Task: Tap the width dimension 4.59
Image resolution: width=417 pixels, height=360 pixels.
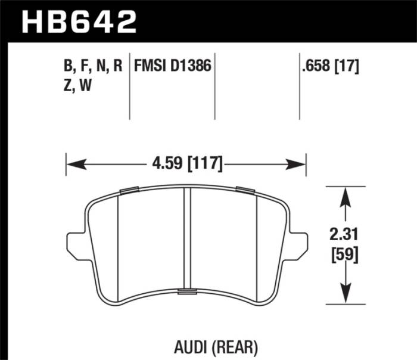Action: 164,163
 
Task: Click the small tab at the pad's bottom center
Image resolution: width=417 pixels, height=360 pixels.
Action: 186,291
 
